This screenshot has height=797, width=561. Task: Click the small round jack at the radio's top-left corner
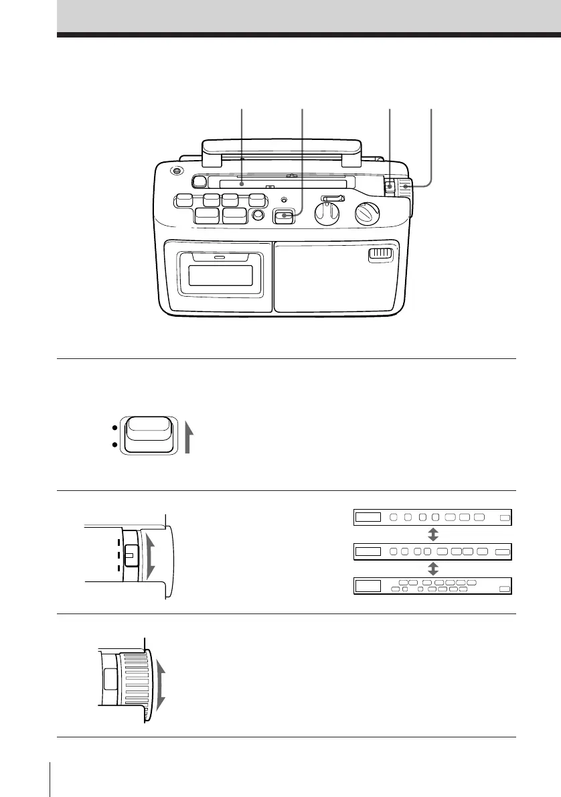tap(176, 171)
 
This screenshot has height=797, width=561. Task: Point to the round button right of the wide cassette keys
tap(257, 216)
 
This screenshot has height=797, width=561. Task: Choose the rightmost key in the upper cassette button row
tap(256, 199)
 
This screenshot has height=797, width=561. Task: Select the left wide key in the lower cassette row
tap(206, 215)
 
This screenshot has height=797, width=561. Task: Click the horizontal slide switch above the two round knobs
tap(333, 198)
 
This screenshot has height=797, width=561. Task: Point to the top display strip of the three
tap(432, 517)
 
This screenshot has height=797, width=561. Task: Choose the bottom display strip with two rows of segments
tap(432, 585)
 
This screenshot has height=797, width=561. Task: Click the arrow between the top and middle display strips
tap(433, 534)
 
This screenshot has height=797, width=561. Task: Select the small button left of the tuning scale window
tap(199, 181)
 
